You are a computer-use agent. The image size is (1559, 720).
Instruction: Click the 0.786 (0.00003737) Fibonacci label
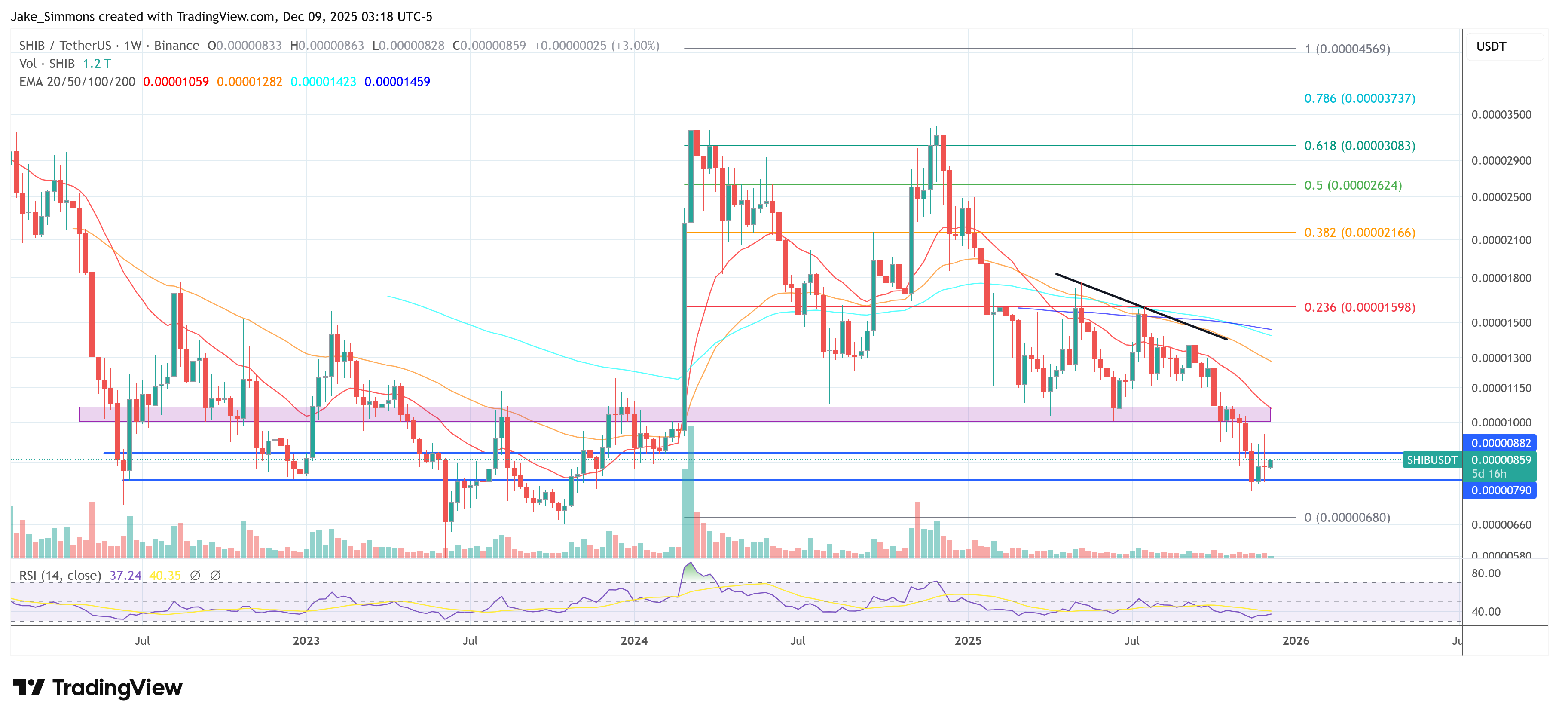[x=1359, y=98]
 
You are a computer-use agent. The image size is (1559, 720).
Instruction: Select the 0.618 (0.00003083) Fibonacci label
[x=1359, y=145]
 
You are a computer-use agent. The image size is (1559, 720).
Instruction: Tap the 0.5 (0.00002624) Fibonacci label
[x=1353, y=185]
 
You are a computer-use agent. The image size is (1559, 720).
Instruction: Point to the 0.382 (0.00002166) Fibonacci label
[x=1359, y=233]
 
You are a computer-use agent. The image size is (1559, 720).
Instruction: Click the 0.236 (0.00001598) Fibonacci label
[x=1359, y=307]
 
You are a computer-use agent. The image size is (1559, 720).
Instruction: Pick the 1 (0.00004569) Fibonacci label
[x=1347, y=49]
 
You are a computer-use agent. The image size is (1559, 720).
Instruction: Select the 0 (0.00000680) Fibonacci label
[x=1347, y=517]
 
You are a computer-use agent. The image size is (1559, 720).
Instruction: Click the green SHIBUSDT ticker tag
[x=1431, y=460]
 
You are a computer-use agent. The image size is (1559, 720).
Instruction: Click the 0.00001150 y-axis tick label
[x=1501, y=388]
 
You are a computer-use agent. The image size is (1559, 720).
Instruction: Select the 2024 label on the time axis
[x=634, y=640]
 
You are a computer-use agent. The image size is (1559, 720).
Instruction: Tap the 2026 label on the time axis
[x=1296, y=640]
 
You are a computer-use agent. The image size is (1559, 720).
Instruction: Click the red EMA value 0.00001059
[x=175, y=82]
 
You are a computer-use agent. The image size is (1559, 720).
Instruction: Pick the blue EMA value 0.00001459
[x=397, y=82]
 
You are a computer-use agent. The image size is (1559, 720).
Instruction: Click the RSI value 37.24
[x=125, y=575]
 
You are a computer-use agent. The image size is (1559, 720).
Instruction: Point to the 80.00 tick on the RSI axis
[x=1486, y=573]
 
